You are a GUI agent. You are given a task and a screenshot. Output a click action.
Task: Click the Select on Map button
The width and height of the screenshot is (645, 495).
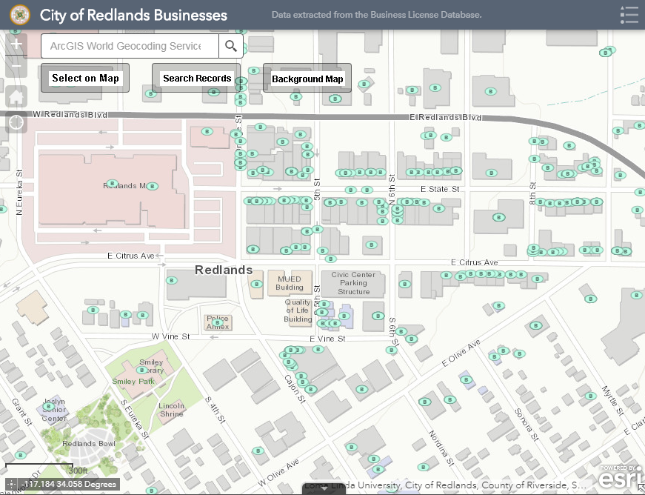(85, 78)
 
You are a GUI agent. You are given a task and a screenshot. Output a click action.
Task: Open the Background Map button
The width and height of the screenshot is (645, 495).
(307, 79)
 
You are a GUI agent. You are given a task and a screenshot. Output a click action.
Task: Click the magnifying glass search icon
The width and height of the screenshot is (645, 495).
(231, 46)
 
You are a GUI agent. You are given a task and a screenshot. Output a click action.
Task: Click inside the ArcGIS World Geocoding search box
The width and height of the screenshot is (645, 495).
(130, 46)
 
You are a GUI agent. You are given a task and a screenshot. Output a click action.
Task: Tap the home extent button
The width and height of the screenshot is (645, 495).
(16, 96)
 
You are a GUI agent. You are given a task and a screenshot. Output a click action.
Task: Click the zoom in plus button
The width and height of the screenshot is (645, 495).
(16, 44)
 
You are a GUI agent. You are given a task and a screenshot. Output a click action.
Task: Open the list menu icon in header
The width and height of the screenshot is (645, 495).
(629, 15)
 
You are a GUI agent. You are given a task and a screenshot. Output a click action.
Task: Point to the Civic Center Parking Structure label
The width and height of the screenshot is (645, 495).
(353, 283)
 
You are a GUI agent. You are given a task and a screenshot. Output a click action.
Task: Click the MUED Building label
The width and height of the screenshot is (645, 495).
(290, 283)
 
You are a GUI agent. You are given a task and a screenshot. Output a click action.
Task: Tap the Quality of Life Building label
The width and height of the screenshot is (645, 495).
(298, 310)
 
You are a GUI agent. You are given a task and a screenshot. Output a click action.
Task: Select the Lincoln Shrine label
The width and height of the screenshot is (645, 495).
(171, 410)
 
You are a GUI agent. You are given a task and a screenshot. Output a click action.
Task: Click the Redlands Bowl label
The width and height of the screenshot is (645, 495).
(89, 444)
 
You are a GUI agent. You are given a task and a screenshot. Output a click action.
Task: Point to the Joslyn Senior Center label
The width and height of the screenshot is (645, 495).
(53, 410)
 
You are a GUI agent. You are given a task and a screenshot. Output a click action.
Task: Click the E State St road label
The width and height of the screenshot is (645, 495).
(440, 190)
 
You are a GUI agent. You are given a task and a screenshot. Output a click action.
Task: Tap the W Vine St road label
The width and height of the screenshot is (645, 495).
(170, 336)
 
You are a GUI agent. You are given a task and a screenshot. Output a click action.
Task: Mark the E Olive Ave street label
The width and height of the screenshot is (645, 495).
(461, 353)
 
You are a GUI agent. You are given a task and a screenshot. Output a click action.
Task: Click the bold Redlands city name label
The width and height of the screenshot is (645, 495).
(224, 270)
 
